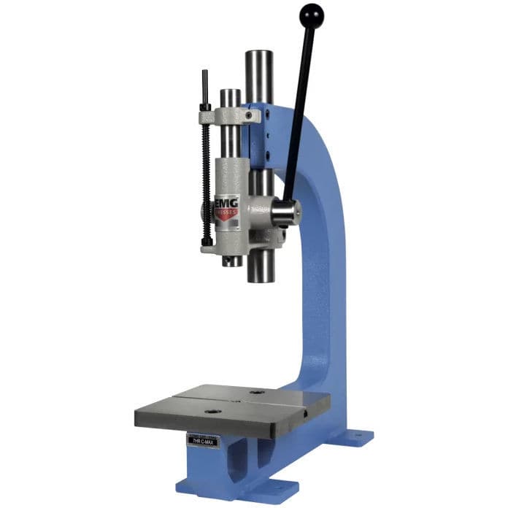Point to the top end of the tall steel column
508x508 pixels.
(x=259, y=55)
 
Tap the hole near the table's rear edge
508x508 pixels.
(x=255, y=392)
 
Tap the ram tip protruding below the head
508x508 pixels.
(x=233, y=260)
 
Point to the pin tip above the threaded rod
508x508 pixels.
(x=204, y=77)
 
